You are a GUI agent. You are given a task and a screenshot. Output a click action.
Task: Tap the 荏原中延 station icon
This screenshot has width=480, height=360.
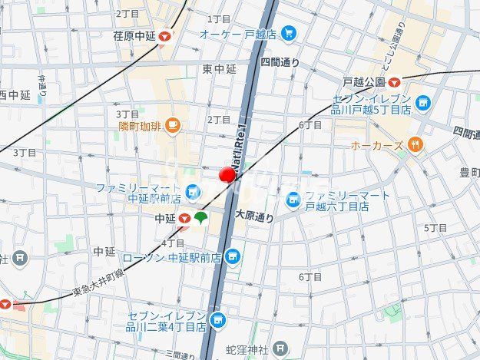click(x=166, y=35)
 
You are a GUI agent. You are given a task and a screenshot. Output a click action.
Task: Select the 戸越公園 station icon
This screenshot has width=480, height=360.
click(x=394, y=81)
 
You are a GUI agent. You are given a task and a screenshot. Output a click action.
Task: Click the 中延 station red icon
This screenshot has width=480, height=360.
click(x=184, y=219)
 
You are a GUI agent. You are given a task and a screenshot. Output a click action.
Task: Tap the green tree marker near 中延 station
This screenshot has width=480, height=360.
click(x=201, y=219)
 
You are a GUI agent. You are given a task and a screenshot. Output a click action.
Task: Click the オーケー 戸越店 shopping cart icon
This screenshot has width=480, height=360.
click(x=288, y=33)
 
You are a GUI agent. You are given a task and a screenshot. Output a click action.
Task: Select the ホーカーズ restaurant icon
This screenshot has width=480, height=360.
click(x=415, y=144)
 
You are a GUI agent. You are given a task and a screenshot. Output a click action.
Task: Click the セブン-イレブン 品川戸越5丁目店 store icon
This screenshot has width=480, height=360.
click(x=422, y=102)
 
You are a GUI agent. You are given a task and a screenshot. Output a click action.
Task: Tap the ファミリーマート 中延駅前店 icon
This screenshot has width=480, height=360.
click(x=193, y=190)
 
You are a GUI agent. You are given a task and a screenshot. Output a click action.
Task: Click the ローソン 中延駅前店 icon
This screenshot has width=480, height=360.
click(x=233, y=257)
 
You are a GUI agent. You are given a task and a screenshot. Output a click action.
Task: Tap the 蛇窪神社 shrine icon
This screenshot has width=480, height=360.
click(x=281, y=350)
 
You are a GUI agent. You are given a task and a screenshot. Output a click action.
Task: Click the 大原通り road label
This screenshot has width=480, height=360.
click(x=254, y=217)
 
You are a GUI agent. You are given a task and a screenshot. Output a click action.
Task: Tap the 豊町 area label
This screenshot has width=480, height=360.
click(x=468, y=172)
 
